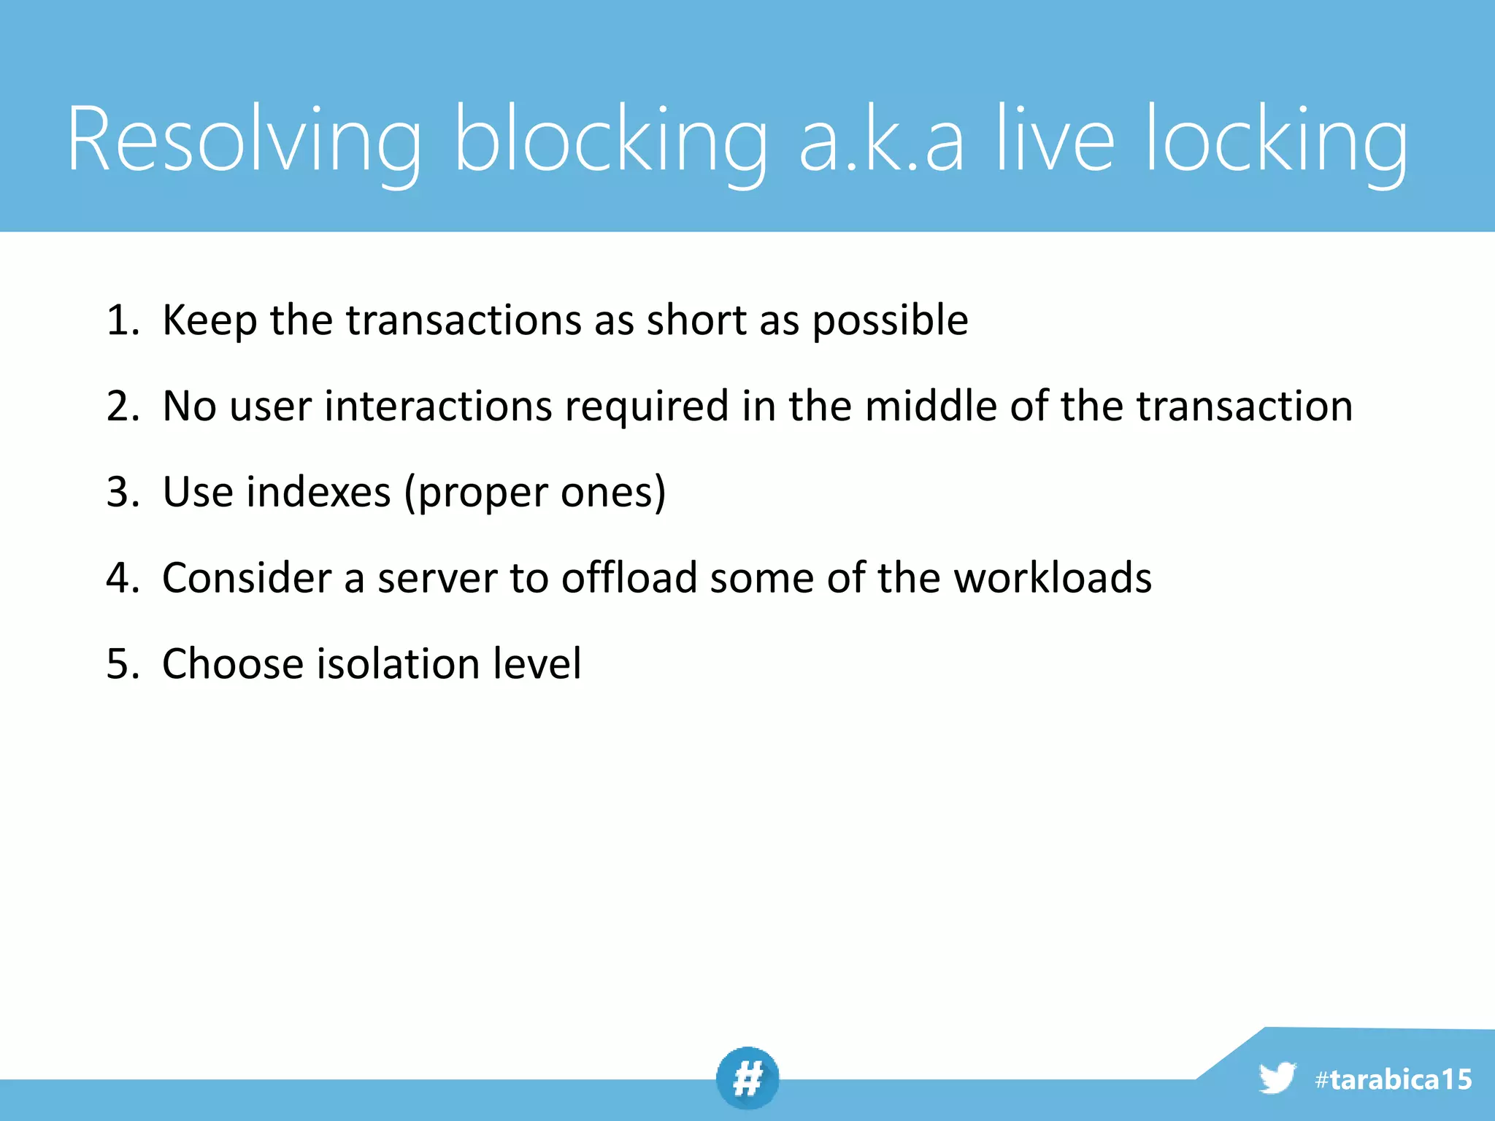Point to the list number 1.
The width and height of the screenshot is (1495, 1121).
click(x=121, y=320)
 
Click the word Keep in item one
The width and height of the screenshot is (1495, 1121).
click(x=210, y=320)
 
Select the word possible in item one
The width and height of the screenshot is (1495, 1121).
click(x=890, y=320)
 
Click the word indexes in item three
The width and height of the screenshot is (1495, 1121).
click(x=318, y=492)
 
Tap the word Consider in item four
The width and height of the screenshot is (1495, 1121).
click(x=247, y=578)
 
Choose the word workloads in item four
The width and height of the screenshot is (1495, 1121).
click(x=1052, y=578)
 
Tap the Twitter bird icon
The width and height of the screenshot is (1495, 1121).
click(x=1277, y=1078)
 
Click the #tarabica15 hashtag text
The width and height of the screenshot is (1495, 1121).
click(x=1393, y=1079)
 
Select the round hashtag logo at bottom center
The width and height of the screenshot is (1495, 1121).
click(x=747, y=1078)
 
